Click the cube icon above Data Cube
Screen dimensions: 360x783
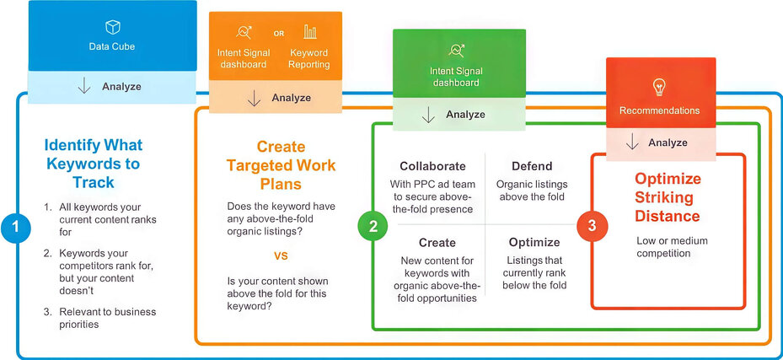coord(112,27)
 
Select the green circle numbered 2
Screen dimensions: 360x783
coord(372,226)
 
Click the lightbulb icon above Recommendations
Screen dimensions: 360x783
coord(659,87)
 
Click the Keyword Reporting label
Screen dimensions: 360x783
coord(309,59)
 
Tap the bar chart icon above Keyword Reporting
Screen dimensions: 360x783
coord(310,33)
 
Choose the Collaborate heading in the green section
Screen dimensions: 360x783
coord(432,166)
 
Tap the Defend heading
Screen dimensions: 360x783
coord(531,166)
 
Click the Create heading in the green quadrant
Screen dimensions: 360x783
coord(437,242)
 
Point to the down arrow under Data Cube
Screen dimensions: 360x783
coord(83,86)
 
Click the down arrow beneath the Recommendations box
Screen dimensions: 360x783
coord(632,142)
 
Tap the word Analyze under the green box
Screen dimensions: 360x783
coord(465,115)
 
